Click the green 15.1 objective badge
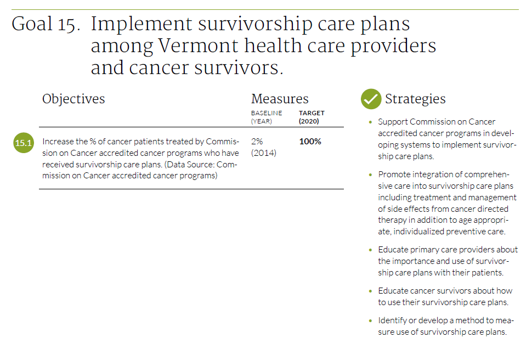point(24,143)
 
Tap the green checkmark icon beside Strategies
point(371,99)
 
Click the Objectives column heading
point(73,99)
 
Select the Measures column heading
point(280,99)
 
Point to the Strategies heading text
point(415,99)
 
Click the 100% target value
point(310,141)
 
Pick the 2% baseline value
point(257,141)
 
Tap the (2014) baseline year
point(264,153)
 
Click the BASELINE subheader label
point(267,113)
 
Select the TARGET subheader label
point(312,113)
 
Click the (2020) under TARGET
point(309,121)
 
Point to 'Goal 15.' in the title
point(46,25)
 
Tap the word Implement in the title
point(142,25)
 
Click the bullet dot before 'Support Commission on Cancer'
point(371,122)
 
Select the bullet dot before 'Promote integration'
point(371,175)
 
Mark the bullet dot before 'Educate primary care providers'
point(371,250)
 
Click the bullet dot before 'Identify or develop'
point(371,320)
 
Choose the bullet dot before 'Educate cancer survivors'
point(371,291)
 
